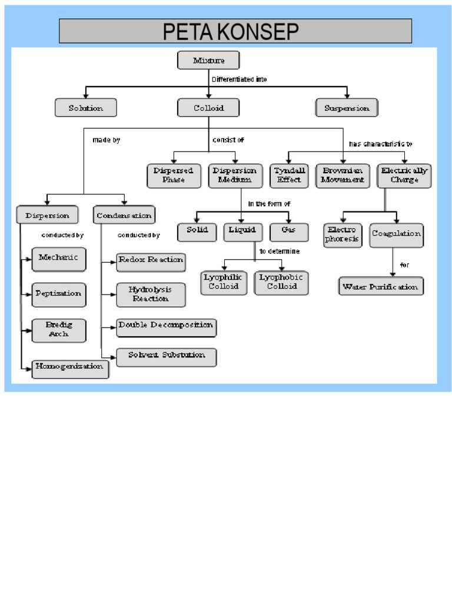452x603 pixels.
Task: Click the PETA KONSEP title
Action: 235,31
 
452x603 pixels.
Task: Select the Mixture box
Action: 208,61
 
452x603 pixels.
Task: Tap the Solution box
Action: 86,108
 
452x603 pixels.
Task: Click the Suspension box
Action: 347,108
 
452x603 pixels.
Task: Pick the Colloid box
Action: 208,108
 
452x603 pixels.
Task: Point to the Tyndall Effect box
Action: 290,175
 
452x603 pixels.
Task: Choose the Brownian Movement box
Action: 343,175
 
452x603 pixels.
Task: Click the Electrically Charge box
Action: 404,175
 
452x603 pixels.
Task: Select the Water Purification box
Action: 381,287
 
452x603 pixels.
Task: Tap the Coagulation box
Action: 396,234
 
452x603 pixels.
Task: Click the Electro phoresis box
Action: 343,234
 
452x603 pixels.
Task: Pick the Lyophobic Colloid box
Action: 281,282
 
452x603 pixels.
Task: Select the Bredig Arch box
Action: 58,330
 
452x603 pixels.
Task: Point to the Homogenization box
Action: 70,367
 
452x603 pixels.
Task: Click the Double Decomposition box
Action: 165,326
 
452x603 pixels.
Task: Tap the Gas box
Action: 288,230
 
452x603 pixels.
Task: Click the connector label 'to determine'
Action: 280,251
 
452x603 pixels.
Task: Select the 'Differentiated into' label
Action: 239,79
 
